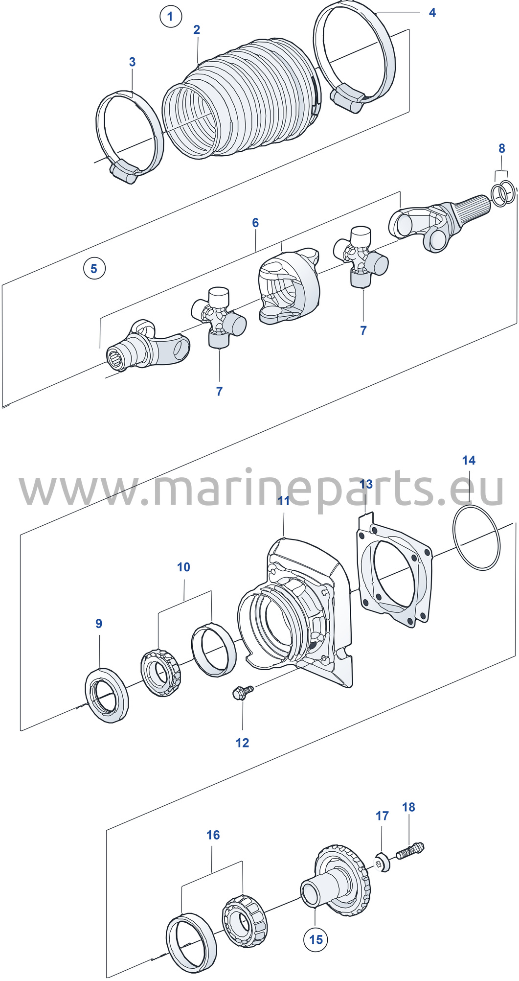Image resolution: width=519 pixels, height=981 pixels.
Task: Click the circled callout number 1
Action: click(170, 17)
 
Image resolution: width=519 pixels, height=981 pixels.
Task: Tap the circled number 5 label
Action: click(94, 268)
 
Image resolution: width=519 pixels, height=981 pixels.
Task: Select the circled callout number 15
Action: click(316, 939)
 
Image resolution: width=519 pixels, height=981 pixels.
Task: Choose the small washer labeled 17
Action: click(384, 862)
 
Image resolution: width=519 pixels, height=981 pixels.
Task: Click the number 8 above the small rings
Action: click(501, 148)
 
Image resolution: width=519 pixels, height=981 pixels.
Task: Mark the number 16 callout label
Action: click(213, 835)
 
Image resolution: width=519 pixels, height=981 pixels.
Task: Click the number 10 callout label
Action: click(183, 567)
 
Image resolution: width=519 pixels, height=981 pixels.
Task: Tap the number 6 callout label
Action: click(255, 223)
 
